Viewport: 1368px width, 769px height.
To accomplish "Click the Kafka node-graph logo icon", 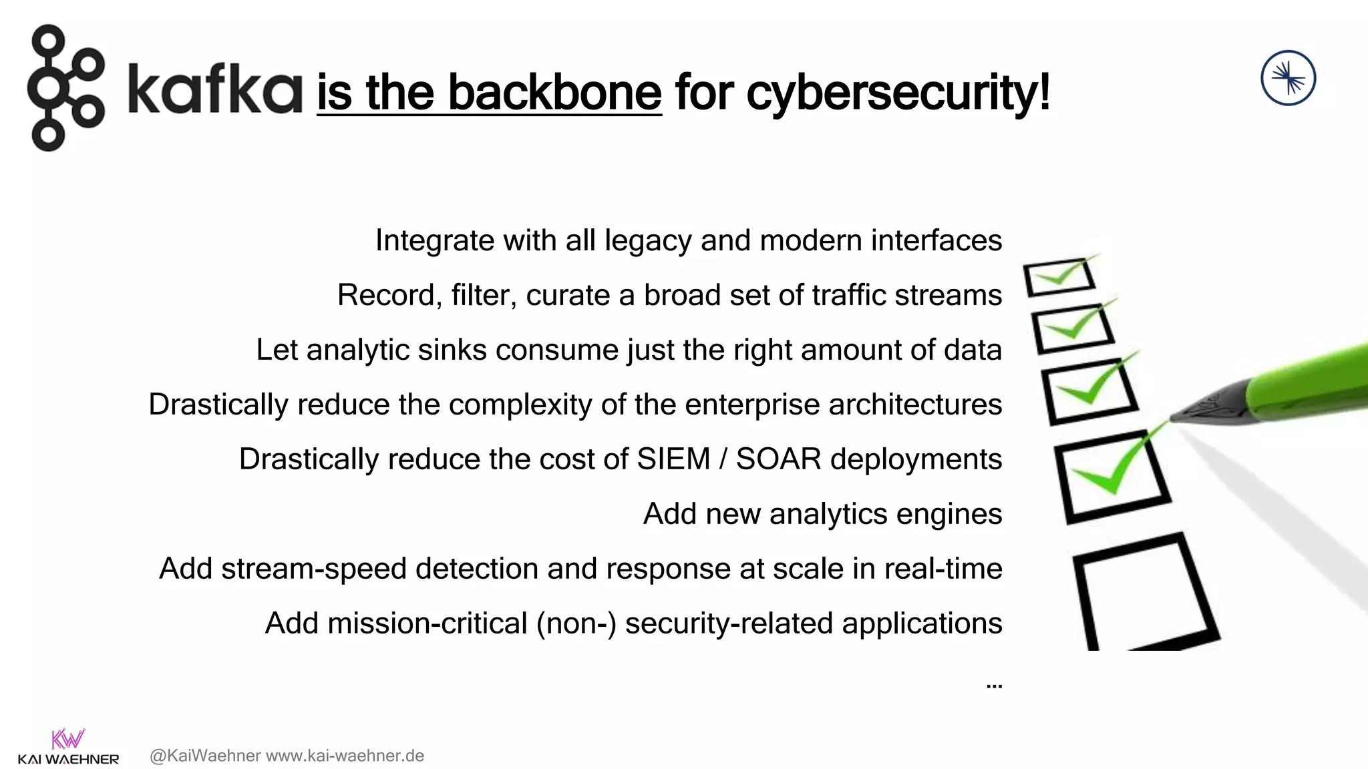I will point(65,88).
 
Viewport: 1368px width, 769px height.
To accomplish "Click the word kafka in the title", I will point(215,89).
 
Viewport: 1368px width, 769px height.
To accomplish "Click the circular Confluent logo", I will point(1288,78).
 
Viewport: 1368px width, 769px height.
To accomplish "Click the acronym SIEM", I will point(673,459).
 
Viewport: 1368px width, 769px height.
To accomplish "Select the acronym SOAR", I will point(778,459).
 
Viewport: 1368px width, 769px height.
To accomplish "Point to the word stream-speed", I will point(313,569).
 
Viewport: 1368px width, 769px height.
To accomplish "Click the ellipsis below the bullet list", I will point(994,686).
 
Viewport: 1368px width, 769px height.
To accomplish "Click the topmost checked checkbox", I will point(1059,276).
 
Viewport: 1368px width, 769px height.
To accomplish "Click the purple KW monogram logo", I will point(67,739).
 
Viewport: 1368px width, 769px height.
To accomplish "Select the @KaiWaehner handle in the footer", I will point(205,756).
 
